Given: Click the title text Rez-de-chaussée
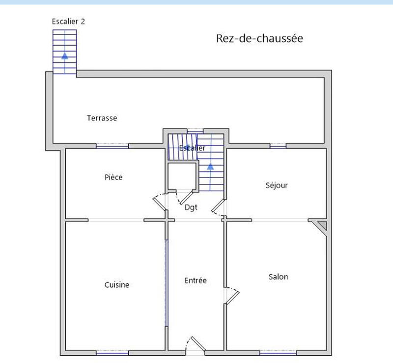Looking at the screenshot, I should pyautogui.click(x=259, y=38).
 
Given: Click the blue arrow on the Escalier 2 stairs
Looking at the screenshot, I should pyautogui.click(x=64, y=55).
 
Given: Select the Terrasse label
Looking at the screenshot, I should pyautogui.click(x=102, y=118).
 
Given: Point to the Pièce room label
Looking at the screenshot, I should pyautogui.click(x=113, y=177).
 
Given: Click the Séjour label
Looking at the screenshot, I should pyautogui.click(x=277, y=185).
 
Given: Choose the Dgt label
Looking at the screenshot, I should pyautogui.click(x=191, y=207).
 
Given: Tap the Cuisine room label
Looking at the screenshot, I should pyautogui.click(x=117, y=285).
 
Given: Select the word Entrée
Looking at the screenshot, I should pyautogui.click(x=196, y=281).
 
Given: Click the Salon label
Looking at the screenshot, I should pyautogui.click(x=278, y=277).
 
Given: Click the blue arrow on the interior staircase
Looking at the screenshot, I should pyautogui.click(x=210, y=167).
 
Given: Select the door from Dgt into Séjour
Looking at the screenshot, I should pyautogui.click(x=218, y=208).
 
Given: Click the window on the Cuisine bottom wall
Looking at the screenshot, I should pyautogui.click(x=112, y=353).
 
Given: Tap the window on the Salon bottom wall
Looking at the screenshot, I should pyautogui.click(x=278, y=353).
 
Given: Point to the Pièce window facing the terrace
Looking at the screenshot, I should pyautogui.click(x=112, y=146).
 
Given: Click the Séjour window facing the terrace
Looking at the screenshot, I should pyautogui.click(x=278, y=146).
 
